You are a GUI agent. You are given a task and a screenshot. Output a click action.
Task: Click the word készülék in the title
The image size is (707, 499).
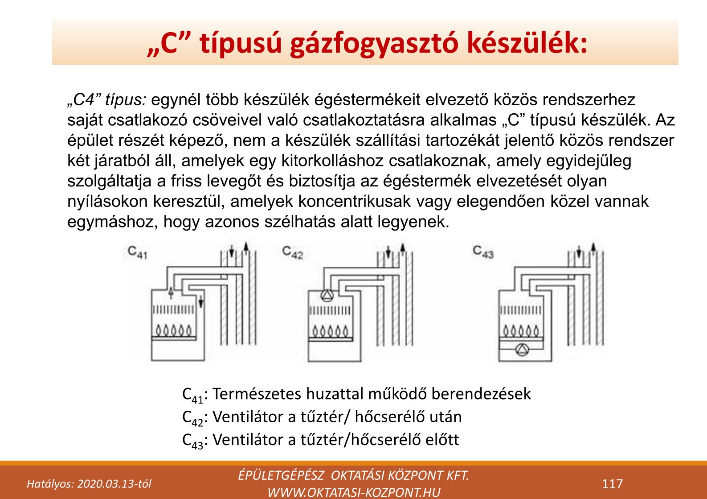tap(527, 43)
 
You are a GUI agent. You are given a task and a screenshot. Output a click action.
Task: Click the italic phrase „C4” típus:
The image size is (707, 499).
tap(106, 100)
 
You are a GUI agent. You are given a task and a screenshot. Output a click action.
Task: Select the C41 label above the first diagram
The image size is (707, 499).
tap(137, 252)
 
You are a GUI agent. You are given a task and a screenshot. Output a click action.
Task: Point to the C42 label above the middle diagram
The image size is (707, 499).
tap(292, 252)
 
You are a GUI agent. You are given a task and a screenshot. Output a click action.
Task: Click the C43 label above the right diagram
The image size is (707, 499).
tap(483, 252)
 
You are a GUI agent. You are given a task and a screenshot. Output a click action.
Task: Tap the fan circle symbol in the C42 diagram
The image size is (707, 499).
tap(327, 296)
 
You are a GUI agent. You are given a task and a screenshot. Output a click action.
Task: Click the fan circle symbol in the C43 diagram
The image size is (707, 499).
tap(522, 349)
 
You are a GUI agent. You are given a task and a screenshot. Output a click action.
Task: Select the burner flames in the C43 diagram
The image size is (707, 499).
tap(521, 330)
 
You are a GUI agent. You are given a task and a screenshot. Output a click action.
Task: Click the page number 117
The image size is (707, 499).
tap(612, 484)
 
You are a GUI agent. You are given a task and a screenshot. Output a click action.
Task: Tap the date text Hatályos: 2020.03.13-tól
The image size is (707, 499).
tap(89, 484)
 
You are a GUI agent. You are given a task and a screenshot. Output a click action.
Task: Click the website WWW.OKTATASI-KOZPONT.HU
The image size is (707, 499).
tap(354, 492)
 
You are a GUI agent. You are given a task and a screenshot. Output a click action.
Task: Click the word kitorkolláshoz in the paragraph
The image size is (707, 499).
tap(332, 161)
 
